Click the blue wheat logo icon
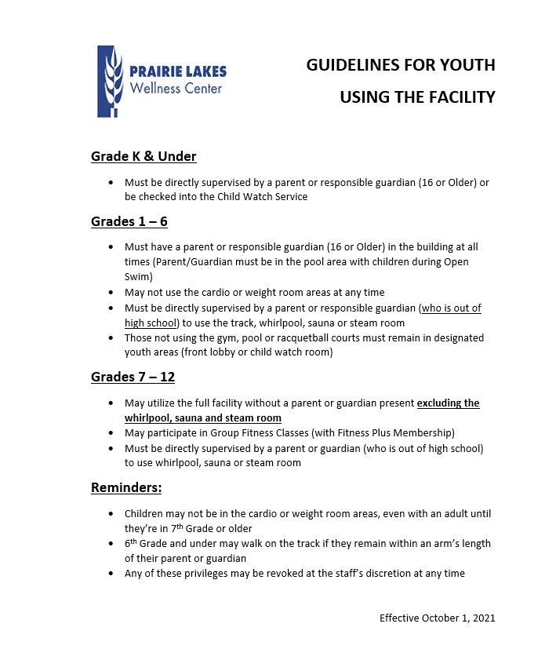click(110, 82)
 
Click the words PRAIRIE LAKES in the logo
click(176, 71)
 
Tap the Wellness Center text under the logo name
click(176, 88)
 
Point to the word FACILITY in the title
click(459, 97)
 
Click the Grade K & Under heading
click(144, 156)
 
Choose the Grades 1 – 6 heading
click(129, 221)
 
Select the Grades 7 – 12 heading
click(133, 377)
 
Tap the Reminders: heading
click(126, 487)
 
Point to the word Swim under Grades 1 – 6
click(138, 276)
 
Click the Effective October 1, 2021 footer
click(438, 618)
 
